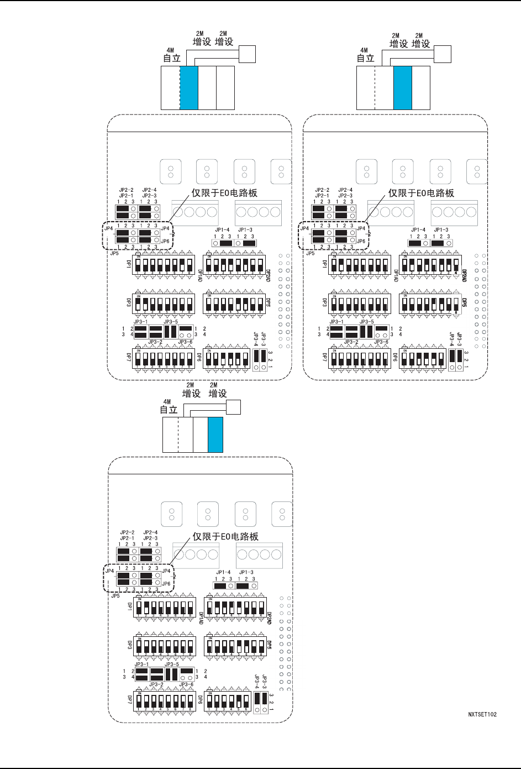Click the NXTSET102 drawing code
pyautogui.click(x=482, y=714)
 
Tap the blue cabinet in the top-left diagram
pyautogui.click(x=189, y=87)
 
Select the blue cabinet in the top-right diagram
pyautogui.click(x=403, y=87)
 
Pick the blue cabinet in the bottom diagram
pyautogui.click(x=215, y=435)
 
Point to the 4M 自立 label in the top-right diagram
pyautogui.click(x=365, y=55)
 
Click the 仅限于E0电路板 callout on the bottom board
pyautogui.click(x=225, y=536)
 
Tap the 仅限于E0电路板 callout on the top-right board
pyautogui.click(x=421, y=193)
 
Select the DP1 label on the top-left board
pyautogui.click(x=129, y=264)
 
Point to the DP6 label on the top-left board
pyautogui.click(x=199, y=357)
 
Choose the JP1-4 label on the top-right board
pyautogui.click(x=418, y=229)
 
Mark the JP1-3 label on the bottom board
pyautogui.click(x=246, y=572)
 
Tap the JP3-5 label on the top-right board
pyautogui.click(x=366, y=321)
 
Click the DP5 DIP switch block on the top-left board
pyautogui.click(x=234, y=304)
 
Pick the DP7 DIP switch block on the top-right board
pyautogui.click(x=360, y=358)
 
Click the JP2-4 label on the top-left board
pyautogui.click(x=150, y=190)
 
